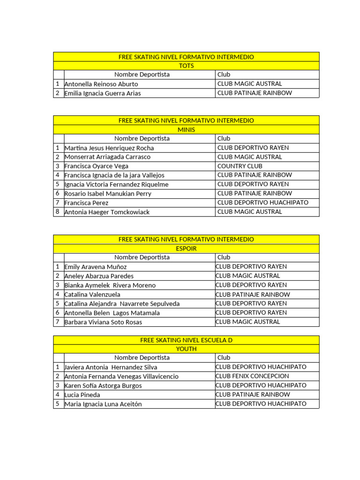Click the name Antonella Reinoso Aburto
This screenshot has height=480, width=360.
coord(101,84)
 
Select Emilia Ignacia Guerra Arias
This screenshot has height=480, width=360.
coord(103,93)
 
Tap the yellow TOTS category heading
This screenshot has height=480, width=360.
coord(186,66)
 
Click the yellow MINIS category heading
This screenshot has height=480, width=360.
coord(186,130)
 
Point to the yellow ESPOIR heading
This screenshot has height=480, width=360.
coord(186,248)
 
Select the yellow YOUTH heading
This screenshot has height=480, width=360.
coord(186,349)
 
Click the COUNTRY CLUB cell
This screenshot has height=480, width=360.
coord(240,166)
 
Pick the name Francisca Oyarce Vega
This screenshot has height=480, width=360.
coord(96,166)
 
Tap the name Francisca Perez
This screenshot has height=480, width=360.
coord(86,203)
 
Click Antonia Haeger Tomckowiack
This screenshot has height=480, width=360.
coord(107,212)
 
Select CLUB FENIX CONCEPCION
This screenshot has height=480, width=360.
coord(252,376)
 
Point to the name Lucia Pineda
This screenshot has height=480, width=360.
coord(82,395)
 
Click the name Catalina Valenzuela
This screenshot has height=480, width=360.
coord(92,294)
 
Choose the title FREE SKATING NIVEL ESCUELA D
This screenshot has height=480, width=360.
coord(186,340)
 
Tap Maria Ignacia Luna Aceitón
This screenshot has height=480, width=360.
coord(103,404)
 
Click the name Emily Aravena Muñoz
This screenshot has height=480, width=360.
coord(96,267)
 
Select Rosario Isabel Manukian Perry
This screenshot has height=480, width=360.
coord(108,194)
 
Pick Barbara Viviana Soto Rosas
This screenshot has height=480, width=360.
coord(103,322)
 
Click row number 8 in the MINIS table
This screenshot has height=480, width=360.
coord(58,212)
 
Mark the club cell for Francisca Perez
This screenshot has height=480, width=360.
coord(263,202)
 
